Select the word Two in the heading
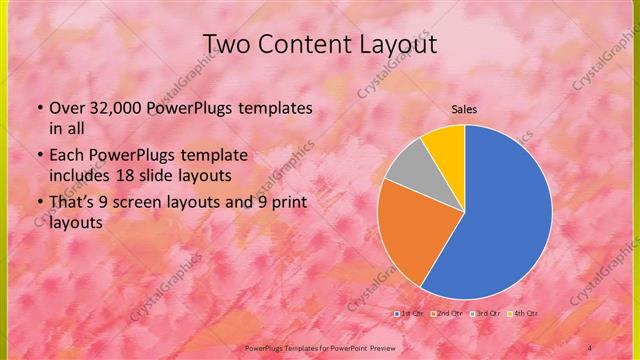(x=226, y=45)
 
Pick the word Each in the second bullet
(x=66, y=156)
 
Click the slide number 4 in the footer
(x=590, y=346)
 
